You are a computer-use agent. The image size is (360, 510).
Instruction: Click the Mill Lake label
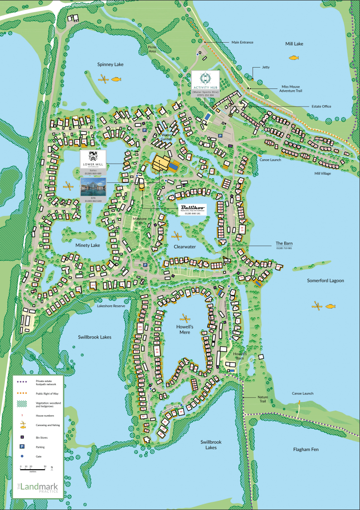[x=294, y=44]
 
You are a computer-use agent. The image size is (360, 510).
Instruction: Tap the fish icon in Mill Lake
[x=294, y=58]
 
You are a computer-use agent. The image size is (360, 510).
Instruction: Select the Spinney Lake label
[x=110, y=64]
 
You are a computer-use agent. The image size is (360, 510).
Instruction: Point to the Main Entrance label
[x=242, y=42]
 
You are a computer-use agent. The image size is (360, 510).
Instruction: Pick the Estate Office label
[x=321, y=107]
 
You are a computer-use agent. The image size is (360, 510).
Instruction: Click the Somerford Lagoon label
[x=325, y=280]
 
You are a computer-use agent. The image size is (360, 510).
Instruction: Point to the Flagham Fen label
[x=306, y=449]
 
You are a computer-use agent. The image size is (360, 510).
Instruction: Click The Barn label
[x=284, y=243]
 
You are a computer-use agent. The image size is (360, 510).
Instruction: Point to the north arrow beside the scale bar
[x=52, y=467]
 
